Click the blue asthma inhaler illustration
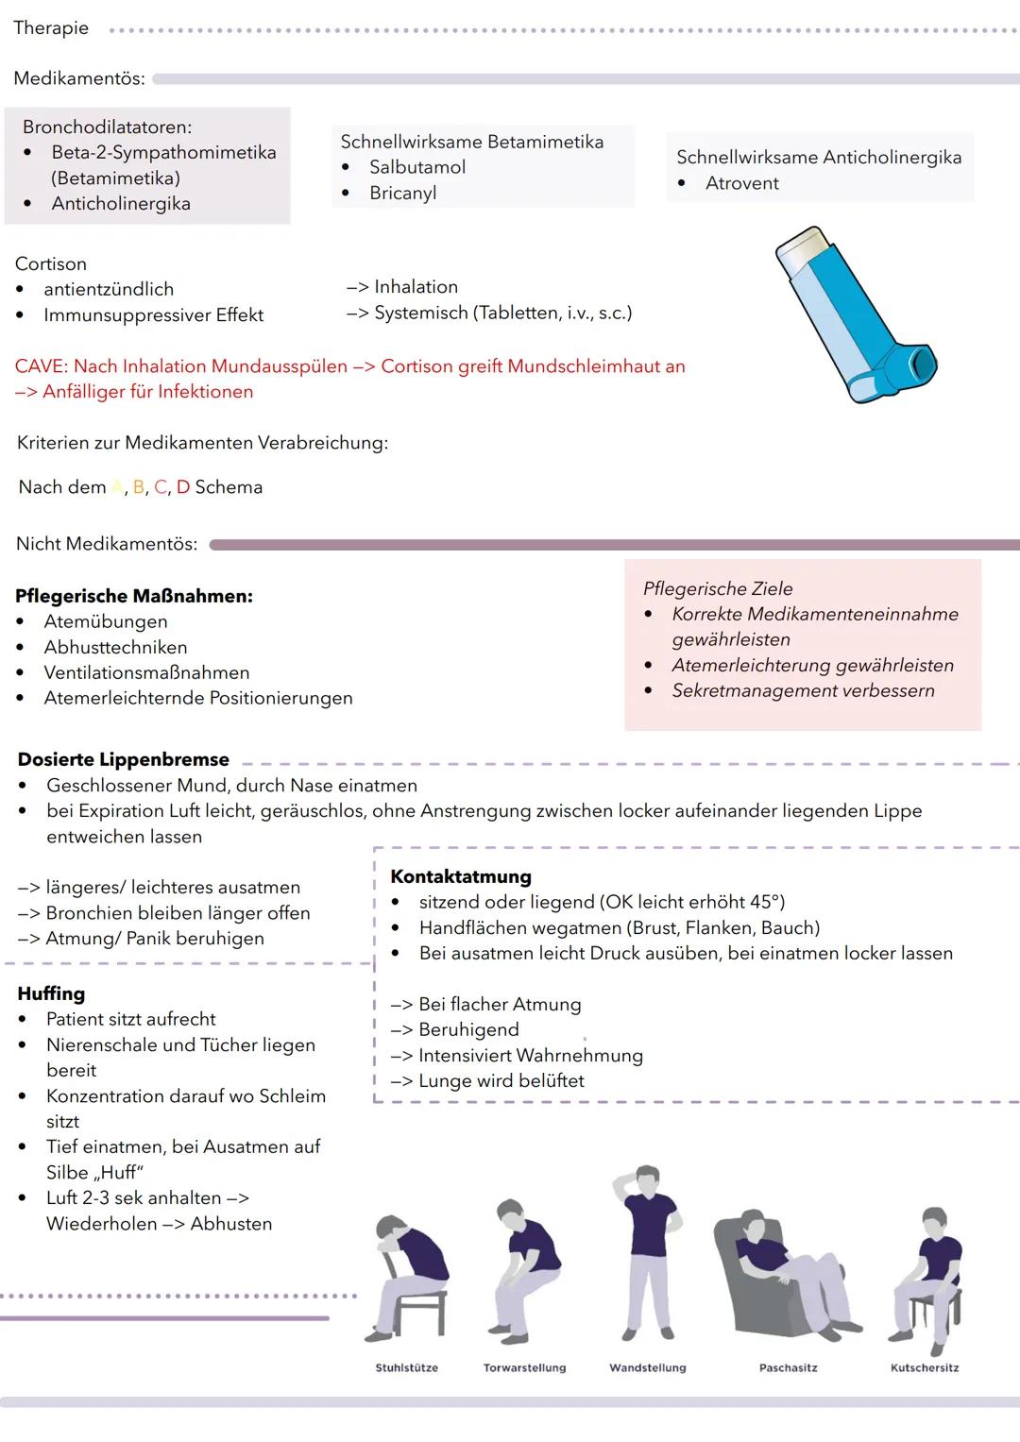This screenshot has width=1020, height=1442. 855,316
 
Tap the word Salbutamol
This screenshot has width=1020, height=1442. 416,167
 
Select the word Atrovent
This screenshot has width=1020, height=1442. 741,183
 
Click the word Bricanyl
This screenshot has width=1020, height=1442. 402,193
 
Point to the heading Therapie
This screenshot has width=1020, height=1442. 51,28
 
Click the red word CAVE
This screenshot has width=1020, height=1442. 40,366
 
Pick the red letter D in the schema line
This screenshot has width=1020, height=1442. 183,487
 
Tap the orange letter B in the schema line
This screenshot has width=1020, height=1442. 139,487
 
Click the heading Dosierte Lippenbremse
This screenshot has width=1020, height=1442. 124,759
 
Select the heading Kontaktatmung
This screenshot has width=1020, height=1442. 461,876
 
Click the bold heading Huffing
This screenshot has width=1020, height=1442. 51,993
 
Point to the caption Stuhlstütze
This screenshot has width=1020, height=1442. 406,1367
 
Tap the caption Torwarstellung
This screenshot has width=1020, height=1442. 524,1367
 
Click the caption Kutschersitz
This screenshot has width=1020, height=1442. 924,1367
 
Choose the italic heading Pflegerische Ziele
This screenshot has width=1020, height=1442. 718,588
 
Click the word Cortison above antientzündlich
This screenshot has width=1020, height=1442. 51,264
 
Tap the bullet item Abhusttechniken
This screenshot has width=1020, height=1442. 115,648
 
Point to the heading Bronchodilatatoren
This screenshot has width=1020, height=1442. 107,127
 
